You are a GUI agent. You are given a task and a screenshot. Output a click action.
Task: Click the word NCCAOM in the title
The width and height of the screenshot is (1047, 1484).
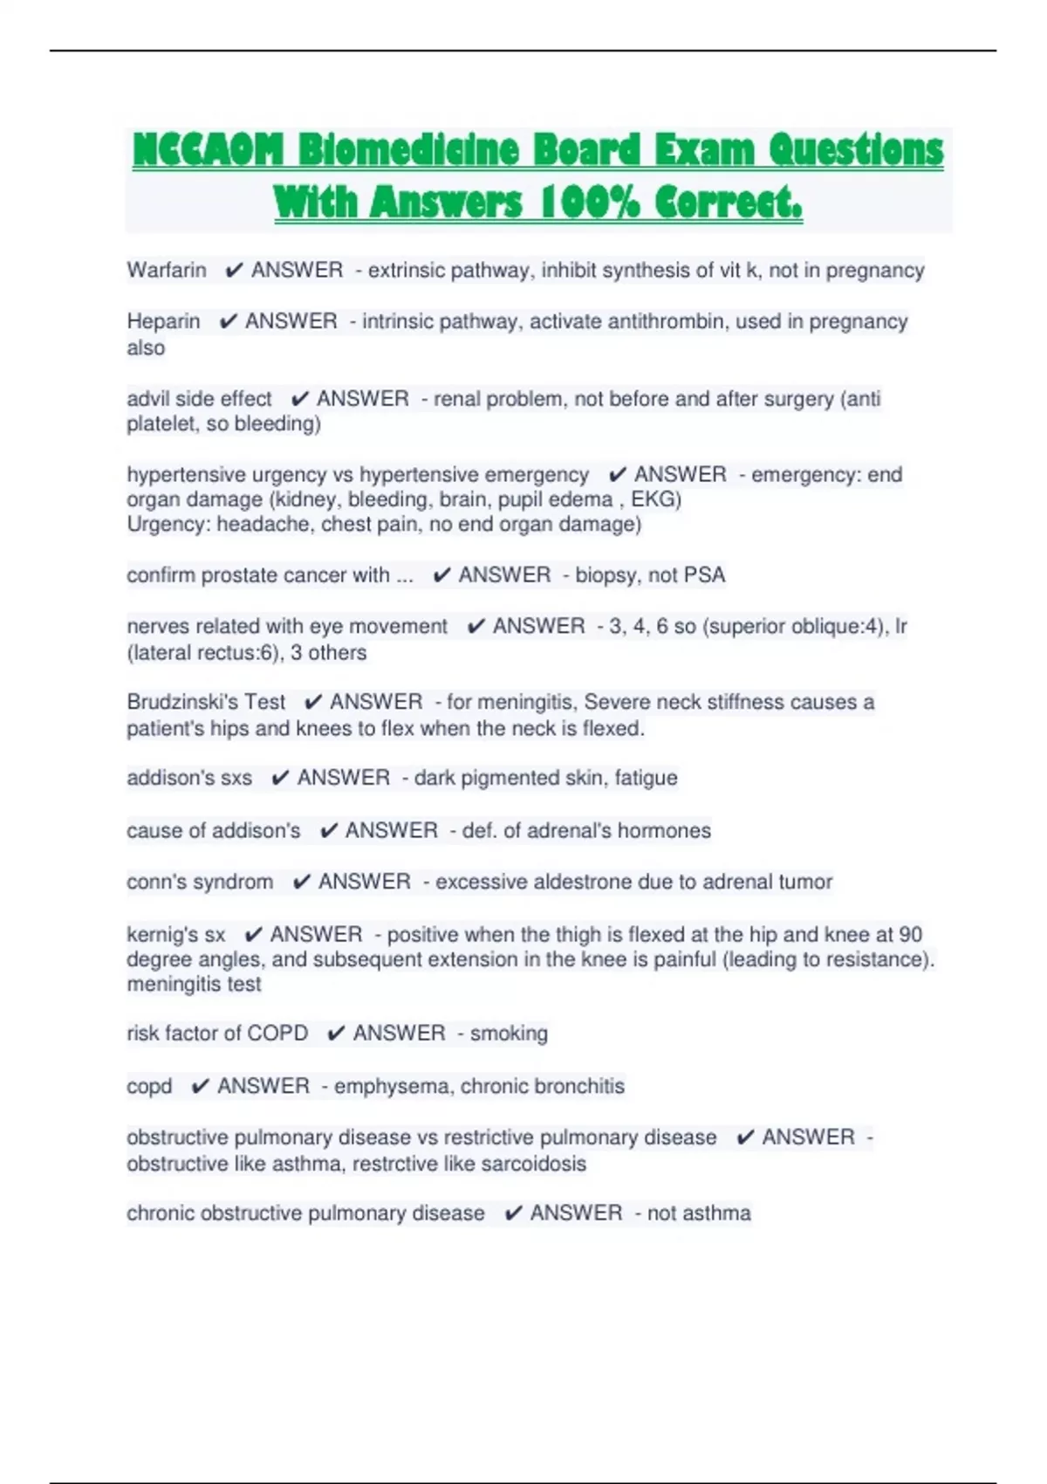coord(208,150)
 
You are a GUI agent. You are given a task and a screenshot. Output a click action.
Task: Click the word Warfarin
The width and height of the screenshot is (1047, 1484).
coord(167,271)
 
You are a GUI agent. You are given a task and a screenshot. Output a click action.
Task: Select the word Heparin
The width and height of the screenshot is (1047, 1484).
coord(163,321)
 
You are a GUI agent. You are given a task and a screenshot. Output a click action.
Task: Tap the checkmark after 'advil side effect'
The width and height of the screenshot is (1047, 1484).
coord(299,399)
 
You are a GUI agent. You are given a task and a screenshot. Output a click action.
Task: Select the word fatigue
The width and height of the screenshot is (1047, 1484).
coord(646,778)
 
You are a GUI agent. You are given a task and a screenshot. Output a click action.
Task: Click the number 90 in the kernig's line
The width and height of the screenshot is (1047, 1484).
coord(910,934)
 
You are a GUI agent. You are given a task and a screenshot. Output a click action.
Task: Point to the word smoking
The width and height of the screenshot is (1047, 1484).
coord(509,1034)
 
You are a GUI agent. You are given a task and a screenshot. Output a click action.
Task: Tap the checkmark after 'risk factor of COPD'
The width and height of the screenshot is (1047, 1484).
coord(336,1034)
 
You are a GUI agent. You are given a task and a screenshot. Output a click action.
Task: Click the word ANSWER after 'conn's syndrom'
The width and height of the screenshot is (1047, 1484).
coord(365,882)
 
